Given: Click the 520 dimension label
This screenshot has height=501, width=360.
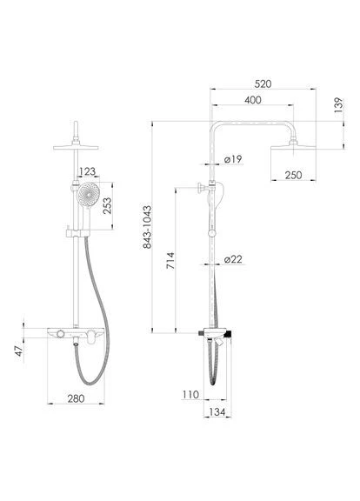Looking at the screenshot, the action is coord(263,84).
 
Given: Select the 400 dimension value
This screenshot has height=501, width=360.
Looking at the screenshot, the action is coord(253,100).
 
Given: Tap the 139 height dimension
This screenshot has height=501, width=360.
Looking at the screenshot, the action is coord(338,104).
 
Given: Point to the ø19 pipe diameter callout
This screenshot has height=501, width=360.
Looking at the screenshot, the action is coord(233,159).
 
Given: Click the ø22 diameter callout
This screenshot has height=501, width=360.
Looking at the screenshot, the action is coord(233,259).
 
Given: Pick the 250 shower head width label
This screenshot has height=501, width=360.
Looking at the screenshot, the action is coord(293,175).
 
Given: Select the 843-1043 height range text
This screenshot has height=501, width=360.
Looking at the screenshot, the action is coord(147,227).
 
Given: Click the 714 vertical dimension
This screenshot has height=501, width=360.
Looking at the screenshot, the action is coord(171,261).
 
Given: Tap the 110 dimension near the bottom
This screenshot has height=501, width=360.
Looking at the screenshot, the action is coord(190,395).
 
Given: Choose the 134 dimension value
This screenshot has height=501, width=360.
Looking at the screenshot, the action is coord(217,412).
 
